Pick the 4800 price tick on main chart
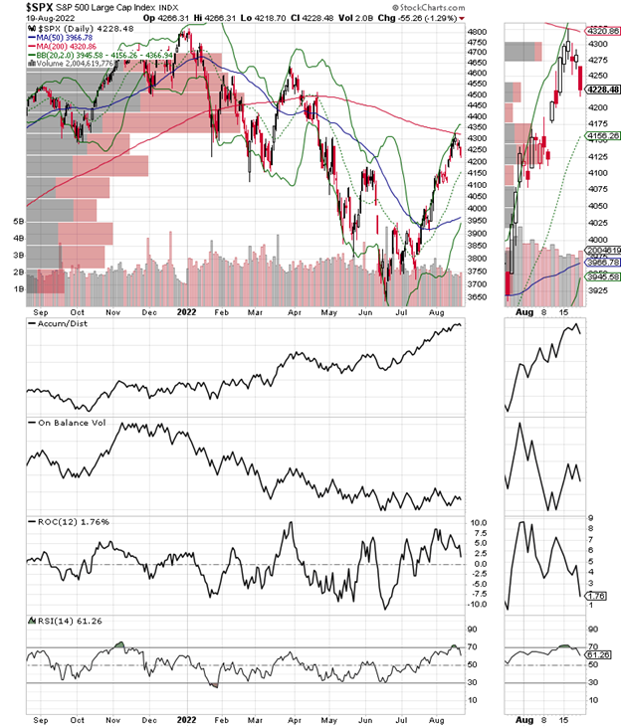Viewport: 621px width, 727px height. tap(477, 32)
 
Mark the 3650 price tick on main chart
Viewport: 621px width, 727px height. tap(477, 297)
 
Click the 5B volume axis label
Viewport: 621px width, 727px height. tap(17, 221)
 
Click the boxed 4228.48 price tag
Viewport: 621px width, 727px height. tap(601, 90)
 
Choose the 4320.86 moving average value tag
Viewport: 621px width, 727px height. tap(601, 30)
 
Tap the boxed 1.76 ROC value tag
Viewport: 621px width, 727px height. tap(599, 596)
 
